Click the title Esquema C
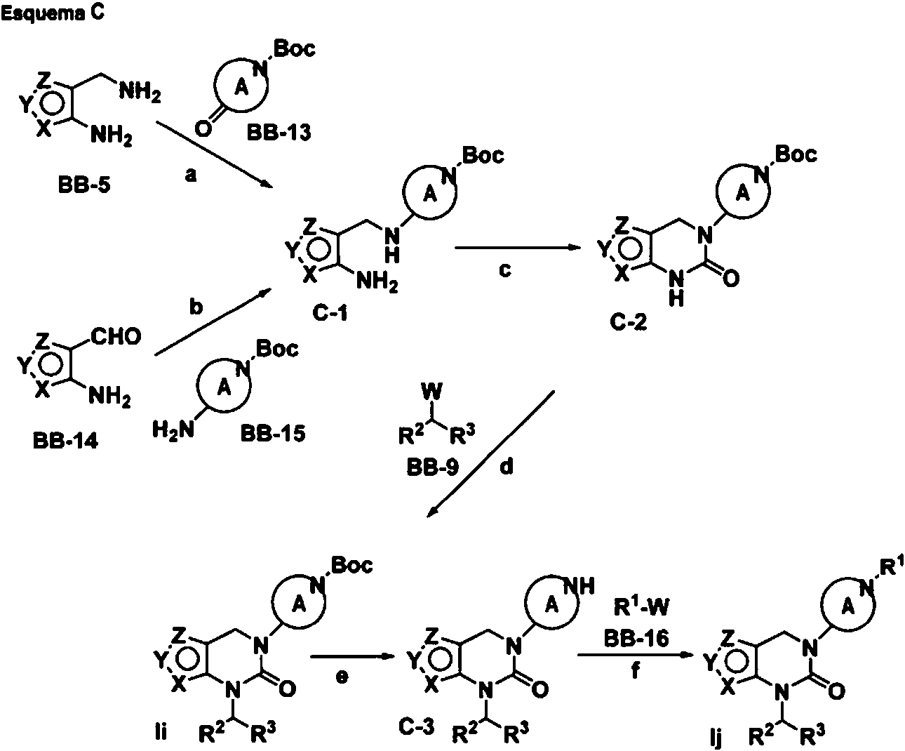tap(53, 13)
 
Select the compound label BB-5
tap(84, 185)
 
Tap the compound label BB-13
tap(279, 132)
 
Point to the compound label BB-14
tap(65, 441)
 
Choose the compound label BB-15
tap(273, 433)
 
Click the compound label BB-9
tap(433, 467)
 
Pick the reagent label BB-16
tap(637, 639)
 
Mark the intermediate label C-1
tap(330, 314)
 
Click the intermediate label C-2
tap(629, 321)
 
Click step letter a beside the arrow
tap(191, 175)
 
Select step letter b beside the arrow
tap(196, 307)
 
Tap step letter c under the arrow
tap(505, 270)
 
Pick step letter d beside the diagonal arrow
tap(507, 467)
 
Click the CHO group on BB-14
tap(116, 336)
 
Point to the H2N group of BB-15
tap(173, 430)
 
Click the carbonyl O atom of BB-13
tap(203, 128)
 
